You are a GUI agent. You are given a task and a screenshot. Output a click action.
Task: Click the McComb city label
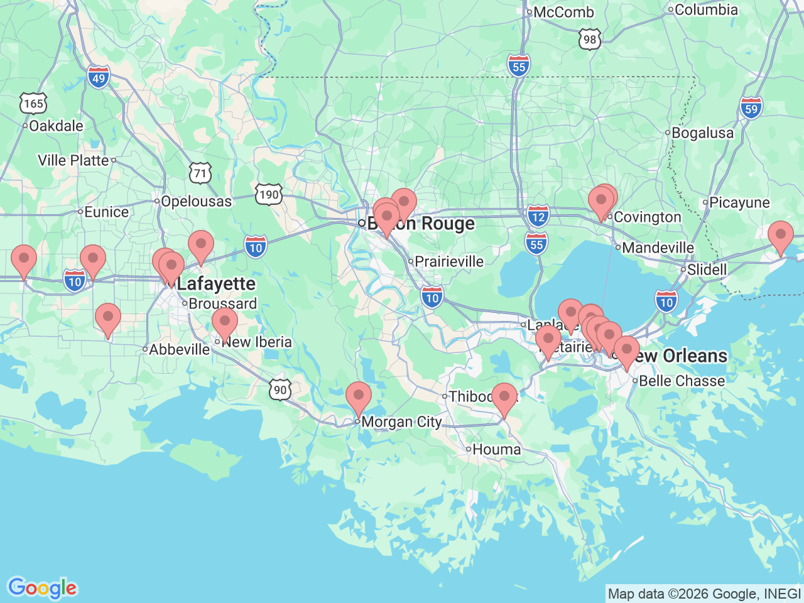(563, 12)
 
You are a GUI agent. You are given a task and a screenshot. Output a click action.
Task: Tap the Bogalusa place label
(702, 133)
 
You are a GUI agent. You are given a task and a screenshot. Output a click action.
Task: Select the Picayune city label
(739, 203)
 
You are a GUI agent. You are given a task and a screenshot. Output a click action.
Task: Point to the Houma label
(496, 450)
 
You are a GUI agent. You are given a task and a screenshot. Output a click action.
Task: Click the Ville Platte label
(73, 160)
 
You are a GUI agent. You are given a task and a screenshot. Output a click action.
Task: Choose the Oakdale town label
(56, 126)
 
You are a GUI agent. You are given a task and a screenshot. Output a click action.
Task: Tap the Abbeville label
(179, 349)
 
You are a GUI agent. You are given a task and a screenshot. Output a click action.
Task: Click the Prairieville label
(449, 261)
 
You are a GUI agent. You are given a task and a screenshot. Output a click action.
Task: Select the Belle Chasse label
(682, 381)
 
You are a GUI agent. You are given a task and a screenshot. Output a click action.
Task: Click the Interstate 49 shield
(99, 78)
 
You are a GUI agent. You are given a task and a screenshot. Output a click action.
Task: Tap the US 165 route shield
(33, 103)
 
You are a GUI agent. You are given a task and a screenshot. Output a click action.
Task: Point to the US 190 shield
(269, 194)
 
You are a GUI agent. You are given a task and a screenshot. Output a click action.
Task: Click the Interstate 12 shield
(538, 216)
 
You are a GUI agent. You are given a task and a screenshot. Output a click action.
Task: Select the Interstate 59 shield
(751, 108)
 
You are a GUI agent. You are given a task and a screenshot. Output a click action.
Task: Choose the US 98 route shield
(589, 40)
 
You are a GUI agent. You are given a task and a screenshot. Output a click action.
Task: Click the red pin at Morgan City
(359, 397)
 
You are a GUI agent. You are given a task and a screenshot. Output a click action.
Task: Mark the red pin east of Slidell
(780, 237)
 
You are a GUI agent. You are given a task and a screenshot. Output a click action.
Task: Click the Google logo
(42, 588)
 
